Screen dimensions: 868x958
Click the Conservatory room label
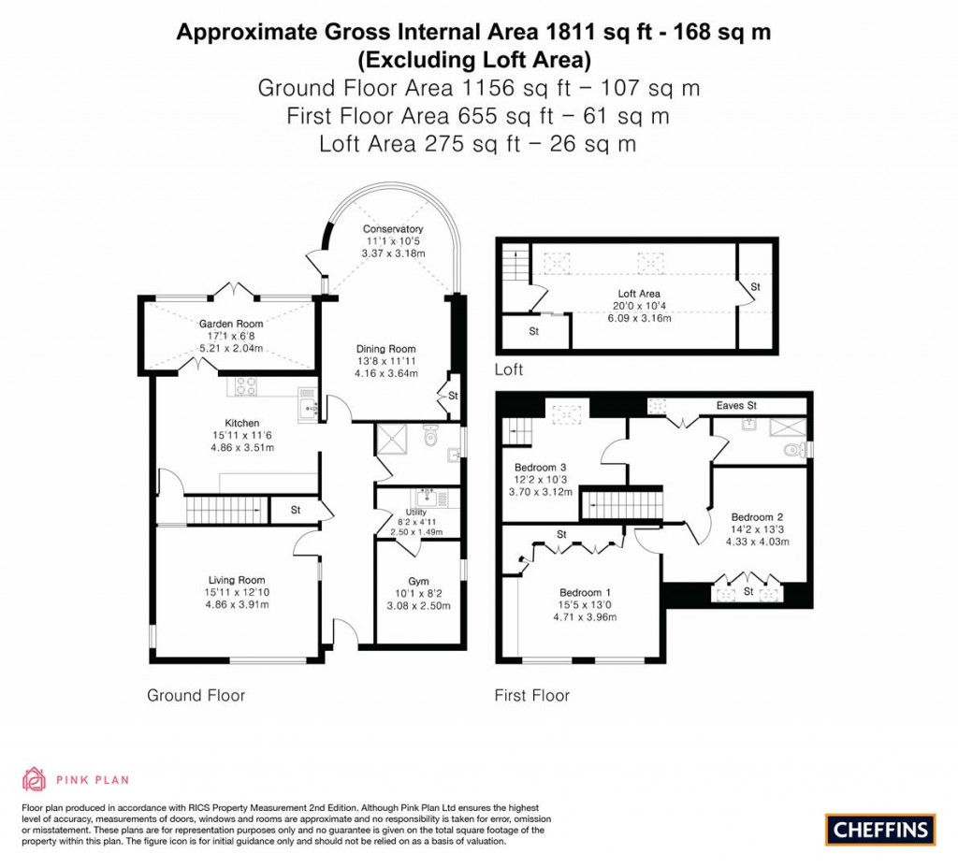coord(393,229)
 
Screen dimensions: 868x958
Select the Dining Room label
coord(385,350)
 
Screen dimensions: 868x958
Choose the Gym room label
coord(418,581)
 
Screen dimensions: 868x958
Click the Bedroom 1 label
coord(585,592)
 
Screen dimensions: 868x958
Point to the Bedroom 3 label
coord(541,467)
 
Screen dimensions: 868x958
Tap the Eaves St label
coord(736,406)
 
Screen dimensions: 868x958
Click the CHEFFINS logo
coord(879,829)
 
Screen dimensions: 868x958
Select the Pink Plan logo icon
coord(34,779)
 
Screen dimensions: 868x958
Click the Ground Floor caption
coord(196,696)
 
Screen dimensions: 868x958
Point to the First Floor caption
coord(531,696)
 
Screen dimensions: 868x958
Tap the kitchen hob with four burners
coord(246,386)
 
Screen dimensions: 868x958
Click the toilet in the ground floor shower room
coord(430,437)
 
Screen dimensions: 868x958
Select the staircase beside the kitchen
coord(225,511)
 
